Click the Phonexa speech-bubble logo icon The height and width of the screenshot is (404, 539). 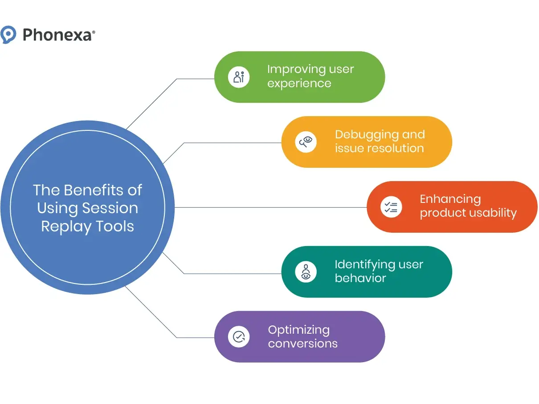coord(8,34)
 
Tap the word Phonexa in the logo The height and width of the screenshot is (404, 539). coord(57,35)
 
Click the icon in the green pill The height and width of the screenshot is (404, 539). coord(239,77)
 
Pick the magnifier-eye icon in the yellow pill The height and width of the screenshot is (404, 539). coord(306,142)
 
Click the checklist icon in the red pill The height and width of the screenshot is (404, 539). coord(391,207)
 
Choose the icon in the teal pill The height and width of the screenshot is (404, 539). coord(306,272)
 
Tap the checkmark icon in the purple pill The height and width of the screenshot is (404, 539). coord(239,337)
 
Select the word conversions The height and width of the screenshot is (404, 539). coord(302,344)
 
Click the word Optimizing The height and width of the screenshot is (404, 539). coord(299,330)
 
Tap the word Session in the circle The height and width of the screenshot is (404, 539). coord(113,208)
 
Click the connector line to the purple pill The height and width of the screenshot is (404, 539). coord(196,337)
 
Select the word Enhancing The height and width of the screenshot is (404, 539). coord(450,199)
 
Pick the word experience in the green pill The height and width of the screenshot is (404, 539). coord(299,84)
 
